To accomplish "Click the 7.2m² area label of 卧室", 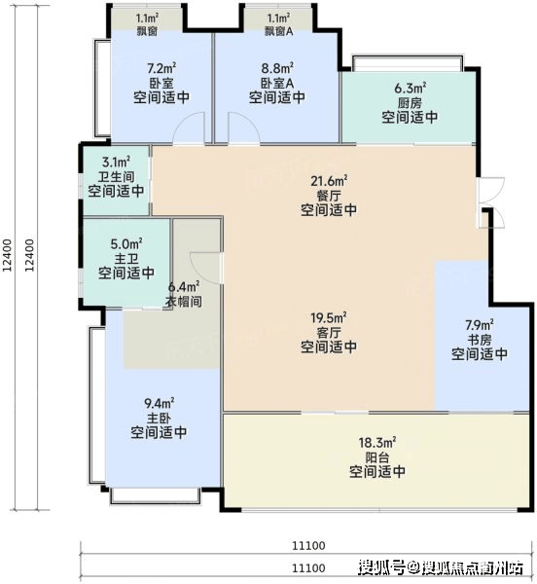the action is (x=161, y=68).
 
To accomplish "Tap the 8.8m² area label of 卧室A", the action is (x=277, y=68).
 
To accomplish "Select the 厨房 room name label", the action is (x=410, y=103).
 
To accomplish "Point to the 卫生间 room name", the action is (x=116, y=176).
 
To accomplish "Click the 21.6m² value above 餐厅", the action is (x=329, y=181).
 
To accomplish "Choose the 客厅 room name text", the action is (x=329, y=332).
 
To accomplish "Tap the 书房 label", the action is (x=480, y=340).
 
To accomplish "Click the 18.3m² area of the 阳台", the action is (x=377, y=443).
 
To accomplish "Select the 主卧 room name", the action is (x=159, y=418).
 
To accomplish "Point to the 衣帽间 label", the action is (x=184, y=302).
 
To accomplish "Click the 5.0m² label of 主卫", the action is (x=126, y=244).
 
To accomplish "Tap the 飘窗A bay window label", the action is (x=279, y=31).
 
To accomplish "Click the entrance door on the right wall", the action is (x=491, y=202).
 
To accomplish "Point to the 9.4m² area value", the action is (x=159, y=403).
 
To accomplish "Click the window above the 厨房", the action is (x=408, y=63).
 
